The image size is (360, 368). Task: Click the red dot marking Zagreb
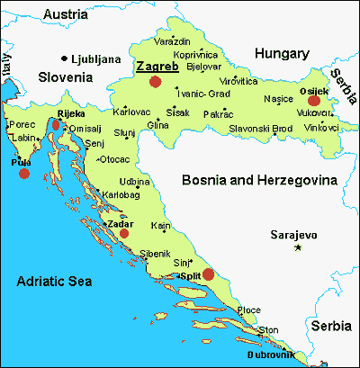pos(155,81)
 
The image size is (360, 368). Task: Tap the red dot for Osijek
pos(314,101)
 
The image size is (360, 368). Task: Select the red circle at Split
pos(208,274)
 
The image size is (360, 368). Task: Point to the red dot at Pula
pos(24,173)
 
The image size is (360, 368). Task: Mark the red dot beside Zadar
pos(124,232)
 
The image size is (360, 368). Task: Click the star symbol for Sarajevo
pos(299,247)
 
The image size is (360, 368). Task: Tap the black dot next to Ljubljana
pos(64,58)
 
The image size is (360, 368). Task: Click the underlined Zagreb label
pos(157,66)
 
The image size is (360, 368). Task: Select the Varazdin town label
pos(173,41)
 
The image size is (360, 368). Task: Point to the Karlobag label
pos(121,193)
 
